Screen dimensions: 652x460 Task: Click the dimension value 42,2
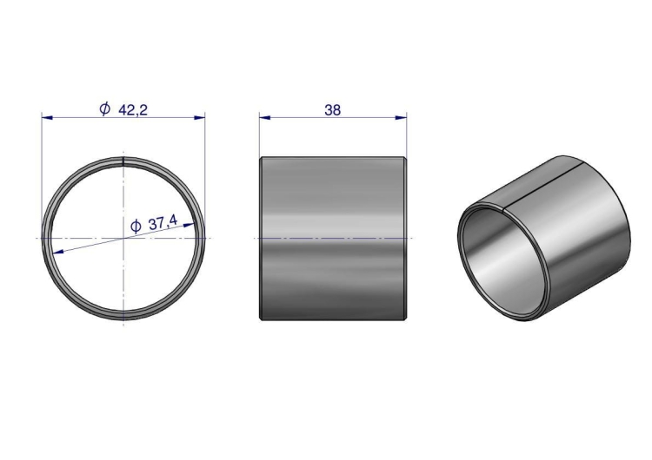pos(133,110)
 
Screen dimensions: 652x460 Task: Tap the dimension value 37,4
pos(163,223)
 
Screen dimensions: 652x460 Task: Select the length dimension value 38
pos(333,110)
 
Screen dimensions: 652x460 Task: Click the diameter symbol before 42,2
pos(105,109)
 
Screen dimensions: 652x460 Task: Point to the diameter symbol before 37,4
pos(136,227)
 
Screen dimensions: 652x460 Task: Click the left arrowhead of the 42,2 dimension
pos(47,118)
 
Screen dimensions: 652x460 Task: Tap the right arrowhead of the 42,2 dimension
pos(200,118)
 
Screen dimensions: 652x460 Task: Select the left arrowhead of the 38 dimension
pos(265,118)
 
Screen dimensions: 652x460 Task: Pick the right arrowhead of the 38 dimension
pos(402,118)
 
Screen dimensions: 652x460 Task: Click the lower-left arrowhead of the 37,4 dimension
pos(57,251)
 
